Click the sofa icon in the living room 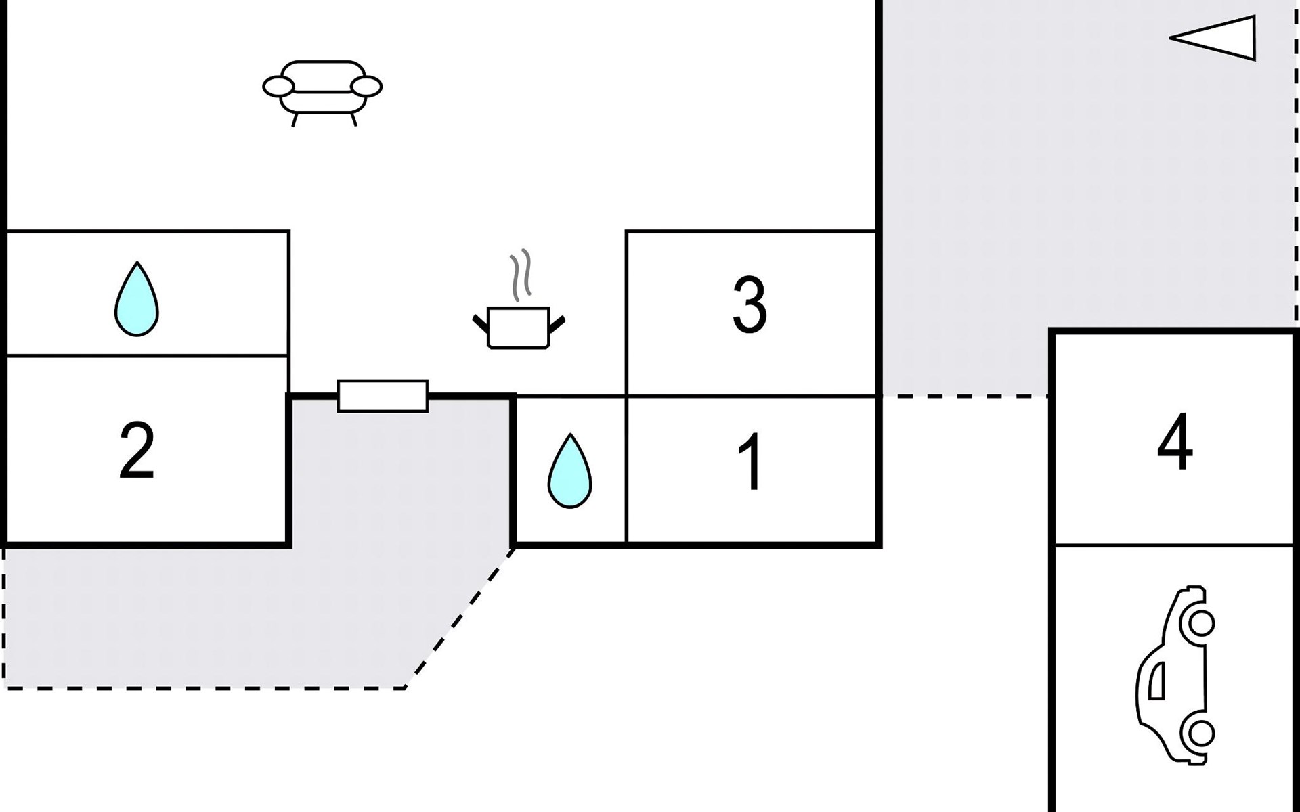322,91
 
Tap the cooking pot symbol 519,328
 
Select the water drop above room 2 137,300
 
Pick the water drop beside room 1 569,472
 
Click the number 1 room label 751,462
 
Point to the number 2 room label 137,451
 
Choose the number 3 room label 750,304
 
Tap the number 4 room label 1175,442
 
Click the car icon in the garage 1175,675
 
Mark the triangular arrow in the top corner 1215,38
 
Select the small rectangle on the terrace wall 383,396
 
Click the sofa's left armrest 278,87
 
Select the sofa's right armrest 368,87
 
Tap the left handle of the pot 480,323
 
